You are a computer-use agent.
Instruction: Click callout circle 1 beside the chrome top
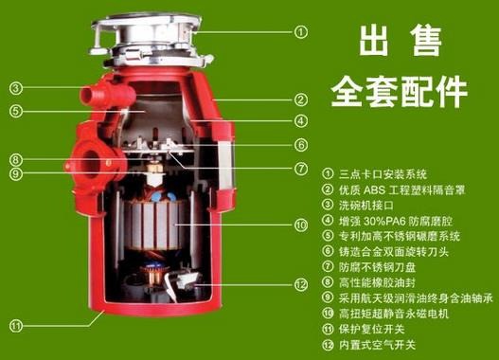(x=301, y=31)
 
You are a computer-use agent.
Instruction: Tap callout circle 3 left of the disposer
(x=17, y=89)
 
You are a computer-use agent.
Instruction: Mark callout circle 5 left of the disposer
(x=17, y=110)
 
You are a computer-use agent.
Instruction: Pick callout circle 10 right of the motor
(x=301, y=225)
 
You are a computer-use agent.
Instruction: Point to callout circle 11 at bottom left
(x=17, y=326)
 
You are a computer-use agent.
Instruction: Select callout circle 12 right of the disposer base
(x=301, y=283)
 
